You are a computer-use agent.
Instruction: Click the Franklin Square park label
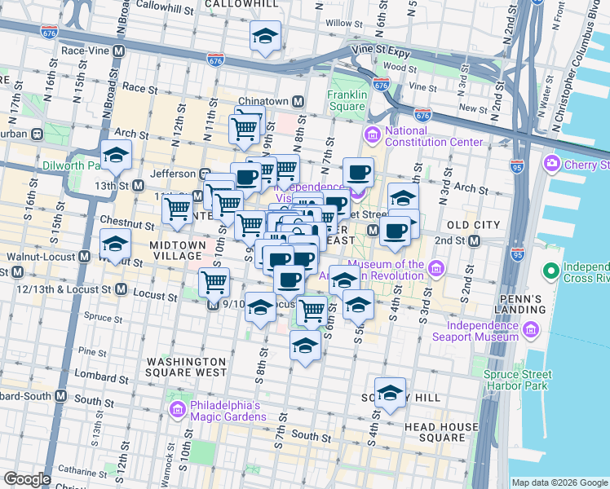point(346,100)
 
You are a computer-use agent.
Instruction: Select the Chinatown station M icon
point(298,101)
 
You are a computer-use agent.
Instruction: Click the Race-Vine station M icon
point(119,51)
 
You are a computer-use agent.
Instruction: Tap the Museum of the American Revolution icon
point(436,268)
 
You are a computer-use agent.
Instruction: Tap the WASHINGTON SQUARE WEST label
point(187,367)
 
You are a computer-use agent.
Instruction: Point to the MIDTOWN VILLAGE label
point(175,250)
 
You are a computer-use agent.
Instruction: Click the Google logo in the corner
point(27,479)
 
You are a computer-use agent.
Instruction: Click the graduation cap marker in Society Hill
point(390,393)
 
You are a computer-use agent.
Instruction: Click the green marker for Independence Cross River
point(550,270)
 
